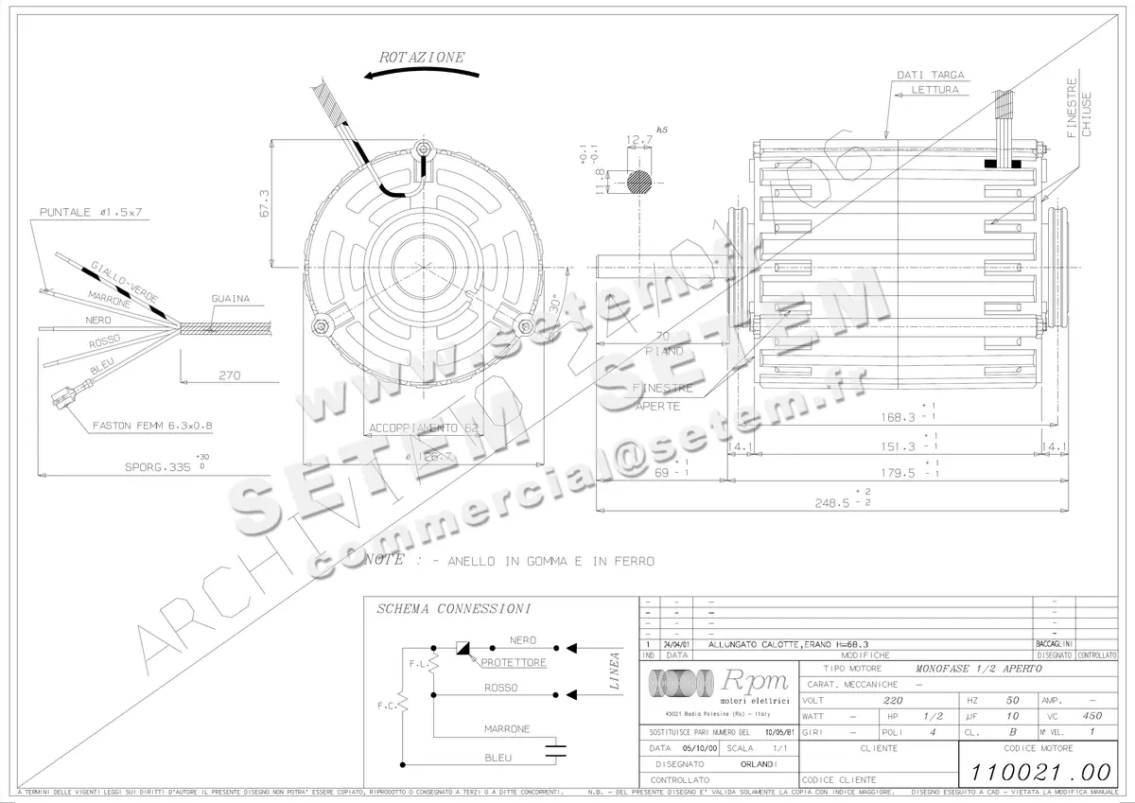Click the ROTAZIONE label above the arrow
(422, 57)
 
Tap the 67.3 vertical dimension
(264, 203)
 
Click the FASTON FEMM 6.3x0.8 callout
(151, 427)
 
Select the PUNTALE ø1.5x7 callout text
(91, 213)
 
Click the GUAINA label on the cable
(230, 299)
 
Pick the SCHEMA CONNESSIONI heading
(453, 608)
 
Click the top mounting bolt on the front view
(423, 148)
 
